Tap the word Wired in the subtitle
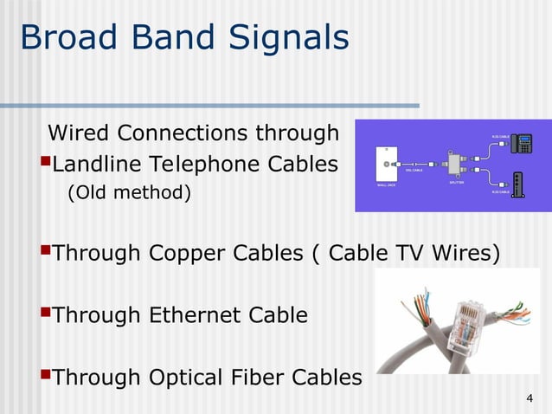click(x=79, y=134)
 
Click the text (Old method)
click(x=128, y=191)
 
